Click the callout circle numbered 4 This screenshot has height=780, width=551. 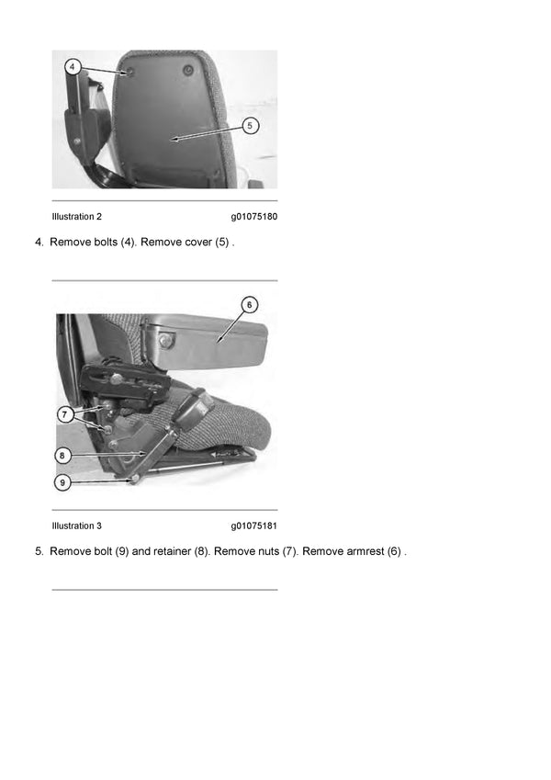(x=73, y=67)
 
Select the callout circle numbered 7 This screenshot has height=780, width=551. (x=65, y=414)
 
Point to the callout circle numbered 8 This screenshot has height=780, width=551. (x=62, y=455)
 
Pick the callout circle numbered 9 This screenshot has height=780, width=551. (x=62, y=480)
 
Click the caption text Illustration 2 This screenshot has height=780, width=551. (x=77, y=217)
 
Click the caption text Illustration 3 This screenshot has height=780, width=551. (x=77, y=526)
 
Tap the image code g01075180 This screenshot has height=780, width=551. (x=253, y=217)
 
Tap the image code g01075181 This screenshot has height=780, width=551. (x=253, y=526)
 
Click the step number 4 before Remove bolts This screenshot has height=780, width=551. (x=39, y=243)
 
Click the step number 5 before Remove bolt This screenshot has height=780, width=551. (x=39, y=551)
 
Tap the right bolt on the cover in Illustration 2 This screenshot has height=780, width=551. (x=188, y=71)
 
